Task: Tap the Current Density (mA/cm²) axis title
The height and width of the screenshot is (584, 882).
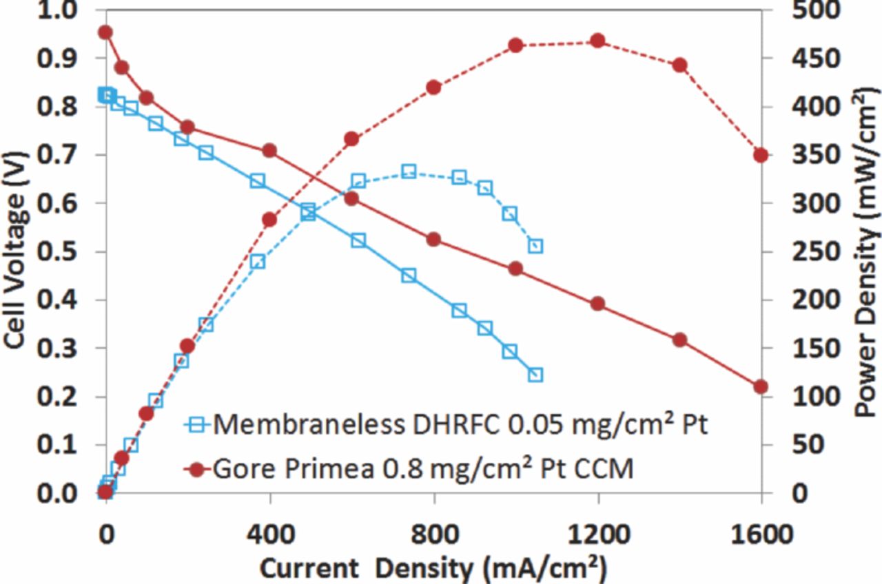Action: [433, 569]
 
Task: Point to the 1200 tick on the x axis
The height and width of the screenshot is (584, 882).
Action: [597, 535]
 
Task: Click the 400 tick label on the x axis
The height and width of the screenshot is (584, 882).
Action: [270, 535]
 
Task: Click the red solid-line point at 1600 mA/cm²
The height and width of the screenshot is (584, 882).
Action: [761, 387]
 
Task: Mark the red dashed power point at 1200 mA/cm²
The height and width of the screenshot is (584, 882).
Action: [598, 41]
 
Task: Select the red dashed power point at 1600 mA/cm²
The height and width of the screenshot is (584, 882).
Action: [761, 155]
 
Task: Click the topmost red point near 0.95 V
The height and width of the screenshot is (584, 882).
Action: [105, 32]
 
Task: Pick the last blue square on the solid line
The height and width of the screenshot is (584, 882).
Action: [535, 375]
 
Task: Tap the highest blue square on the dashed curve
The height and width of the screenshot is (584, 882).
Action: [409, 171]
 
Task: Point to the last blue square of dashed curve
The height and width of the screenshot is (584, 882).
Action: [535, 246]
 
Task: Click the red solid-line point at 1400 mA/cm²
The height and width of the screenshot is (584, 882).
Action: [680, 340]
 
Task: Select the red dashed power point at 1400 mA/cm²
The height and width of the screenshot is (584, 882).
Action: [680, 65]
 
